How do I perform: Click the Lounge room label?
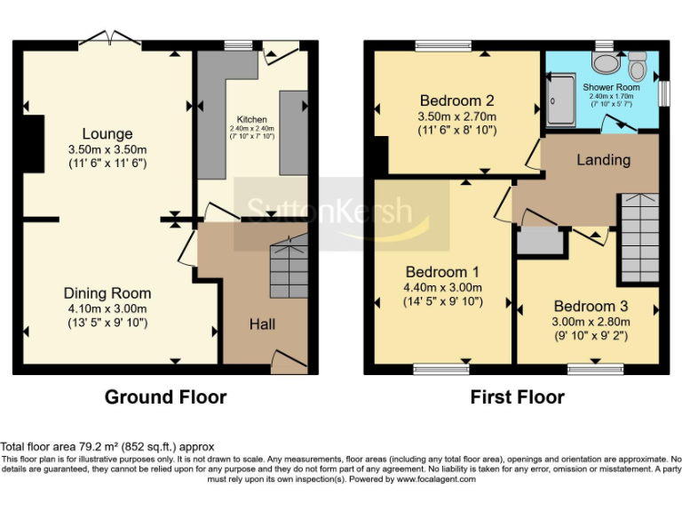coord(107,134)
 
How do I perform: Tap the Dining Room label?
coord(107,293)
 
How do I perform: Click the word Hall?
coord(261,325)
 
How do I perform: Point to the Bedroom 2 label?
coord(456,100)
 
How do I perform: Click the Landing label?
coord(603,160)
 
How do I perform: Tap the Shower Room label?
coord(611,87)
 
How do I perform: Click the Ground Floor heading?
coord(165,397)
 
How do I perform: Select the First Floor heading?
coord(517,397)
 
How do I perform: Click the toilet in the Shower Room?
coord(637,64)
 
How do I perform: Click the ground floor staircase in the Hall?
coord(289,266)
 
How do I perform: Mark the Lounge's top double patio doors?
coord(110,38)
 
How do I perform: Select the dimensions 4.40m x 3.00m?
coord(443,287)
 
